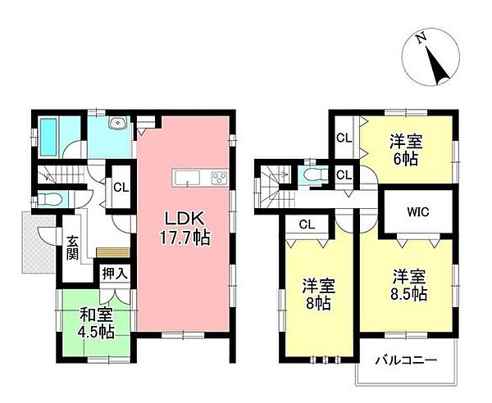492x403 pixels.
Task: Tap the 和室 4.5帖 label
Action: [x=97, y=324]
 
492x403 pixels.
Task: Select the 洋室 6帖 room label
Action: [x=405, y=150]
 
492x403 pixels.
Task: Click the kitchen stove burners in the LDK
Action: [x=220, y=177]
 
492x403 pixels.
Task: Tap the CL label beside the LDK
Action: [x=121, y=187]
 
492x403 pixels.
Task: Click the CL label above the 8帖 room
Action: [x=307, y=223]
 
